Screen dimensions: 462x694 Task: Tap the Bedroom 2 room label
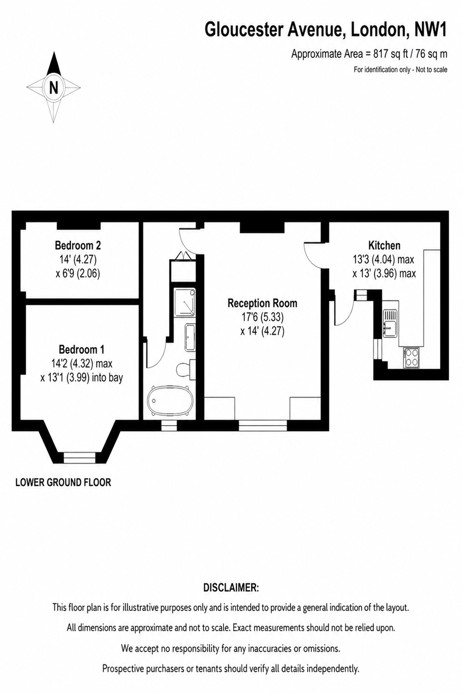[x=78, y=245]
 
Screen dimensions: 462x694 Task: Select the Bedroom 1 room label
[x=81, y=349]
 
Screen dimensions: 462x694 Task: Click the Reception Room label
[x=262, y=303]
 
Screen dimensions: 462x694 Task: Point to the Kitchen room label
[x=384, y=245]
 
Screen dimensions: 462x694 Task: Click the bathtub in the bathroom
[x=170, y=400]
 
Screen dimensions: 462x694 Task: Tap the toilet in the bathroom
[x=186, y=370]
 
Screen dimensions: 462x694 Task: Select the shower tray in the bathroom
[x=184, y=303]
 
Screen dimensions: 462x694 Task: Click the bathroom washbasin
[x=190, y=337]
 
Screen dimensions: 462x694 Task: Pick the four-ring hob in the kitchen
[x=411, y=358]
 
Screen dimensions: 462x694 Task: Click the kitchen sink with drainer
[x=390, y=323]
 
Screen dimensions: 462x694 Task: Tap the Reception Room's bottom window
[x=263, y=425]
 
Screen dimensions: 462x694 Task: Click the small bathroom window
[x=169, y=425]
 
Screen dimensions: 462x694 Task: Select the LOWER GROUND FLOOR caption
[x=63, y=483]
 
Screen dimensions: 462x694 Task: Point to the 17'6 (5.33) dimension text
[x=262, y=317]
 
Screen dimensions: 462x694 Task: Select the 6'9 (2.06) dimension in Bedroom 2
[x=78, y=273]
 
